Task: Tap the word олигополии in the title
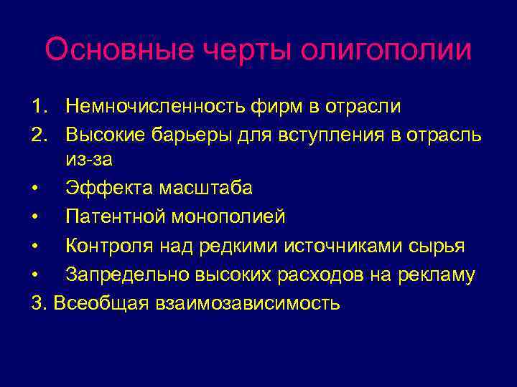tap(386, 51)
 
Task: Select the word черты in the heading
tap(251, 51)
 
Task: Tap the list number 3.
tap(39, 302)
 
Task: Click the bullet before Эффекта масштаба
tap(36, 188)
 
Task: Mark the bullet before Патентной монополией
tap(36, 216)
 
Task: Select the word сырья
tap(439, 246)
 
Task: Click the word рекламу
tap(439, 274)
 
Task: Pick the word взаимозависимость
tap(242, 302)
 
